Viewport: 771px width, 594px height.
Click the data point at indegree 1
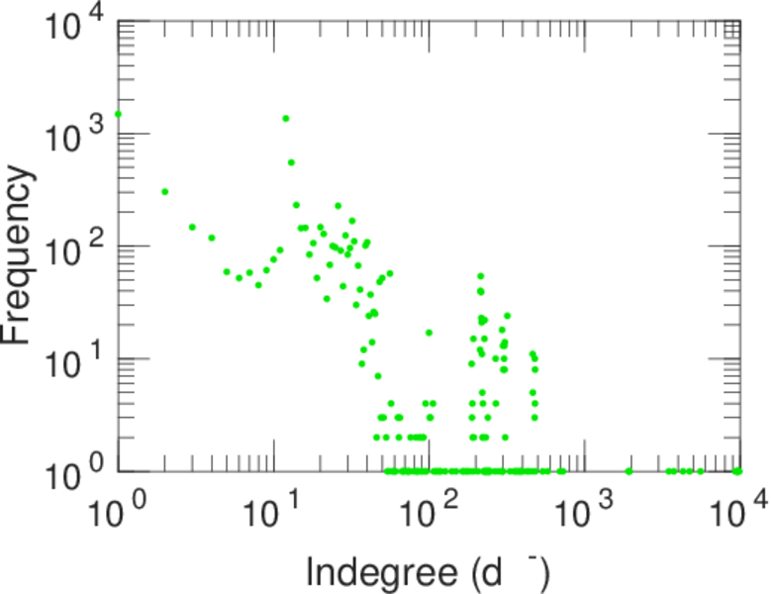click(x=118, y=114)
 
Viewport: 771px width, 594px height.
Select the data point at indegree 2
click(x=165, y=191)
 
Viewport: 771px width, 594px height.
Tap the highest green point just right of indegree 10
click(x=286, y=119)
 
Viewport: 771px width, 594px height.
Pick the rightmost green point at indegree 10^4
click(x=737, y=471)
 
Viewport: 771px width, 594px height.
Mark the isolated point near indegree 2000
click(x=629, y=471)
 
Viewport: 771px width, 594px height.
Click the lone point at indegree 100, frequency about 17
click(x=429, y=333)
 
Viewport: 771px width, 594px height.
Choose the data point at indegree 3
click(x=192, y=227)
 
